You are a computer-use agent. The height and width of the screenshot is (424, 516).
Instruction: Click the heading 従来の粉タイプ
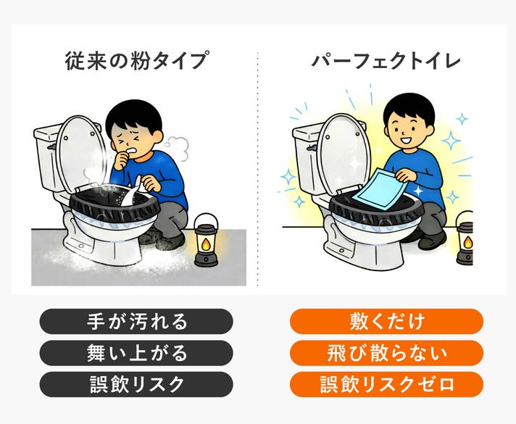(137, 61)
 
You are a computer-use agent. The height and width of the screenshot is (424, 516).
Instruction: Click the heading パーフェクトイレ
(386, 61)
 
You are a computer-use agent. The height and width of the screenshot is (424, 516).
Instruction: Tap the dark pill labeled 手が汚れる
(136, 321)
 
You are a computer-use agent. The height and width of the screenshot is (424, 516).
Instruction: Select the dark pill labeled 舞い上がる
(136, 353)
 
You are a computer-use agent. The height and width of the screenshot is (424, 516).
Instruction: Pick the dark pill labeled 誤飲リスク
(136, 384)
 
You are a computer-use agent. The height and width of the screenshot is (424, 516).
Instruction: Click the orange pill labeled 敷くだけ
(387, 321)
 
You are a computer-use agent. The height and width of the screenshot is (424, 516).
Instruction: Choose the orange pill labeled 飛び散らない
(387, 353)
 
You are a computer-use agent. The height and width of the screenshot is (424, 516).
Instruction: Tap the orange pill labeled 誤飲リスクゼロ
(387, 384)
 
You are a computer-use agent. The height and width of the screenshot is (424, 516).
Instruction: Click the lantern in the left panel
(206, 241)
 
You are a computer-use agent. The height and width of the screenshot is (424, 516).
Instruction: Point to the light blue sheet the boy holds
(380, 188)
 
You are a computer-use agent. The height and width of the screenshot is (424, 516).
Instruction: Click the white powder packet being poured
(132, 194)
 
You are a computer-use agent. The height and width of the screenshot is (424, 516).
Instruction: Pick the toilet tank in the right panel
(306, 158)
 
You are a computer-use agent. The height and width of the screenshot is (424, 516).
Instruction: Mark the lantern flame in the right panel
(468, 243)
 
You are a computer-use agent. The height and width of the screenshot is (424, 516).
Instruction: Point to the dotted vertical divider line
(258, 169)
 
